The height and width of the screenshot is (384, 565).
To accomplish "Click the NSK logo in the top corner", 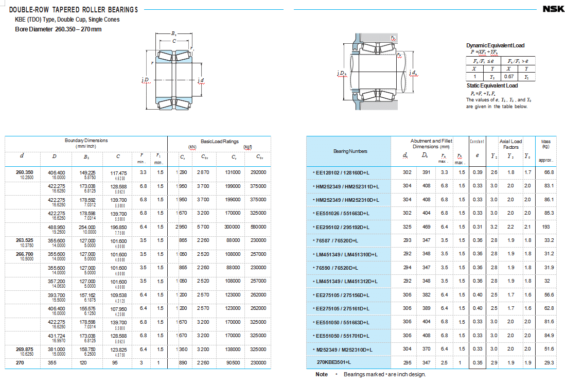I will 553,9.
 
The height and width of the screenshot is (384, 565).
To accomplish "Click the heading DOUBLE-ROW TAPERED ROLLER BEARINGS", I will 74,10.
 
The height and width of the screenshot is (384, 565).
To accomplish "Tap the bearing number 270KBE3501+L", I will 338,363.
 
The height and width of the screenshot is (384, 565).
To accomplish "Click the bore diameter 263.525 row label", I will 25,240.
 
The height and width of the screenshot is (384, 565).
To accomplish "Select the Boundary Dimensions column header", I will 86,141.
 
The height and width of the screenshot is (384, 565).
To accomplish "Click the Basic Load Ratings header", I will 219,141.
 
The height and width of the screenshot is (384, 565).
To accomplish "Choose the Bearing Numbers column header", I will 350,151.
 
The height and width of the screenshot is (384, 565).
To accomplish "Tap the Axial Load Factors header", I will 510,144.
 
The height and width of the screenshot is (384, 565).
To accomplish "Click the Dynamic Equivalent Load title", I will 495,46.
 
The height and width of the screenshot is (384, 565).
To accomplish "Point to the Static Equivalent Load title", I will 492,85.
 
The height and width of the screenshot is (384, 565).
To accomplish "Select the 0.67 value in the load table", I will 508,77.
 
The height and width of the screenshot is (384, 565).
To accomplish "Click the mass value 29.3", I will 549,363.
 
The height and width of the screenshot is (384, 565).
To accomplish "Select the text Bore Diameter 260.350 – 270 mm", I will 58,29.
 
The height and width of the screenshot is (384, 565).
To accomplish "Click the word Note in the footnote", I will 322,374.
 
